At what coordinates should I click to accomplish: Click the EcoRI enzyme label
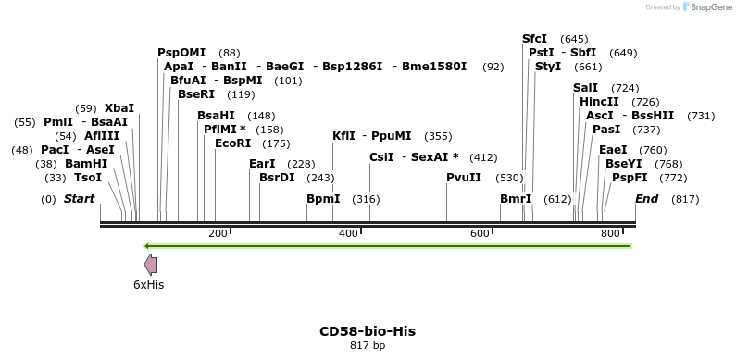(232, 143)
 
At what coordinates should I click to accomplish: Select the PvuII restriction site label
(464, 177)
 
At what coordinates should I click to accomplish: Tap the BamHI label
(86, 164)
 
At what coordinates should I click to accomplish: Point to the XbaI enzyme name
(119, 108)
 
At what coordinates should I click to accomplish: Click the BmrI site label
(516, 199)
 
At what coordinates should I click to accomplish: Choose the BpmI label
(323, 199)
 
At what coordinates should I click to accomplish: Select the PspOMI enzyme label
(181, 53)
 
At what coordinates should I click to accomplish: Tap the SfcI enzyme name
(535, 39)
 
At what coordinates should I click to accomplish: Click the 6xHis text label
(148, 285)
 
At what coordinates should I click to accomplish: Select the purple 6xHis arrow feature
(151, 266)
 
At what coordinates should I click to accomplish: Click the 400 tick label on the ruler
(348, 233)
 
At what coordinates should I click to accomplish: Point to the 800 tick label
(610, 233)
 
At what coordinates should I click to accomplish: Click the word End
(647, 199)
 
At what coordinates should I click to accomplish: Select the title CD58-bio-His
(368, 330)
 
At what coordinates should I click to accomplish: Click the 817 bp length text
(368, 345)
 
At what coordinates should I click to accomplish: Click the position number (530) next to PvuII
(509, 177)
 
